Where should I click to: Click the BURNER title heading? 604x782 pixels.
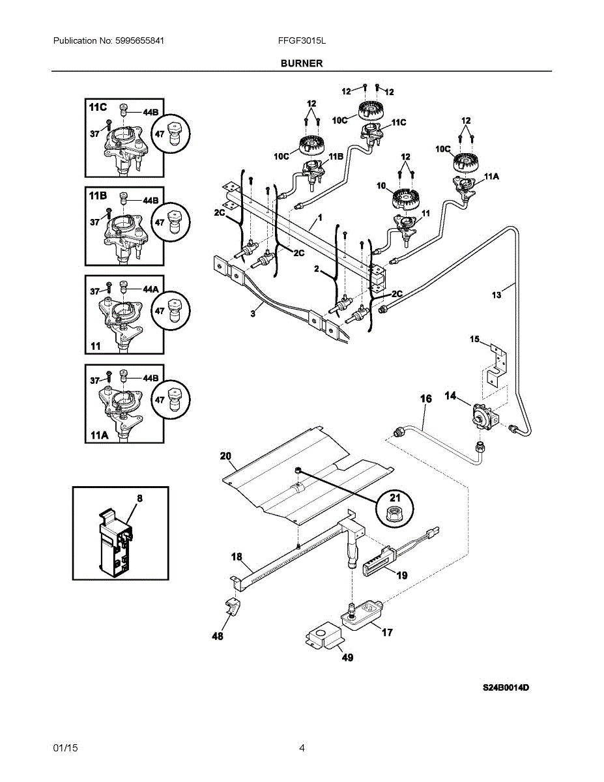point(302,63)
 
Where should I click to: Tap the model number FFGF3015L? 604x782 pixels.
point(302,40)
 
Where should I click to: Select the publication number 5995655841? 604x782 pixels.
point(139,40)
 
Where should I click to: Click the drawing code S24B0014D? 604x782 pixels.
point(506,688)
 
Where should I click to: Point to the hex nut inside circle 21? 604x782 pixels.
point(394,515)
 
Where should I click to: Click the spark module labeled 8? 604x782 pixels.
point(115,541)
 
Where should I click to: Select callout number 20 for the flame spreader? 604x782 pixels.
point(225,456)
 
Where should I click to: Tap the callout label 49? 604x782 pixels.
point(347,658)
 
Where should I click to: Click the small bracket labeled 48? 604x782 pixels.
point(233,606)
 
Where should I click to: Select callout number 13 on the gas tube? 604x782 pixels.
point(496,295)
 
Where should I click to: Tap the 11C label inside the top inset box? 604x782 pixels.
point(98,108)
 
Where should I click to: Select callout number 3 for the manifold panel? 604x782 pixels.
point(253,313)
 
